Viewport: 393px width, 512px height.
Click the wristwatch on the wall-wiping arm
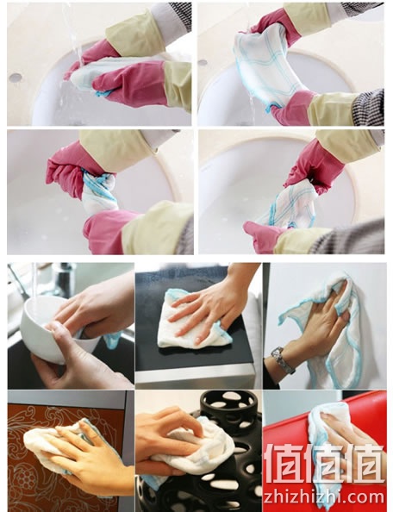(282, 360)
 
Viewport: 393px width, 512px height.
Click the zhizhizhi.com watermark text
(324, 496)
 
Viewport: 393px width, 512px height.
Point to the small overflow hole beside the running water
(15, 78)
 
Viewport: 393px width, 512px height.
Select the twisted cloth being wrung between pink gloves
(98, 191)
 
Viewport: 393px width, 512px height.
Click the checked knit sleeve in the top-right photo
(368, 108)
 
